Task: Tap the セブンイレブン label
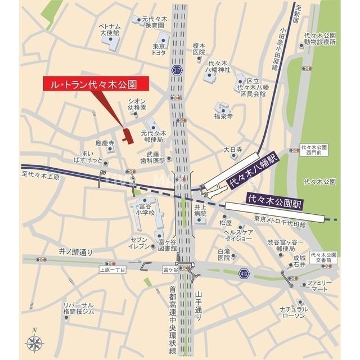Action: [138, 243]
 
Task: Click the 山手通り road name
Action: [199, 306]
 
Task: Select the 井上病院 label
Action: [201, 211]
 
